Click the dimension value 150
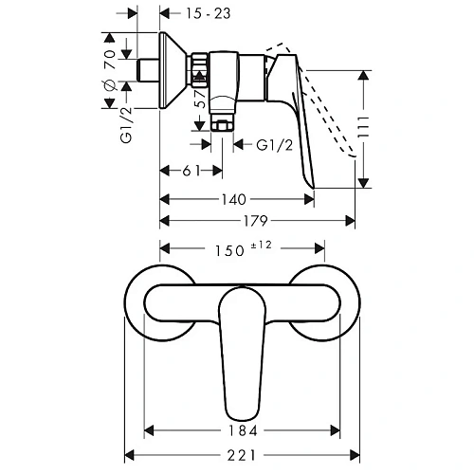226,249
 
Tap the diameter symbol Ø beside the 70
110,84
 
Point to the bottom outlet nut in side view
223,125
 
